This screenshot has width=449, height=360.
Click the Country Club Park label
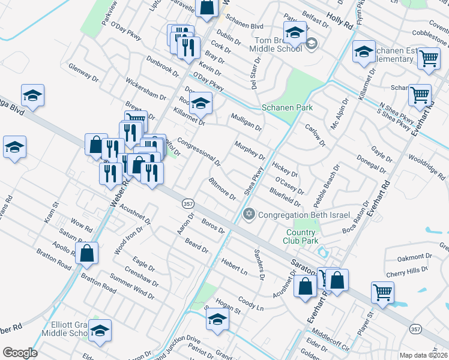(x=302, y=236)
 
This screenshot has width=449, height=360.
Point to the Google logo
(x=20, y=353)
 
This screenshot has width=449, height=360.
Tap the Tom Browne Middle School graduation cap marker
(x=295, y=34)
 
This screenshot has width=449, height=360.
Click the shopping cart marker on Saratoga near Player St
(x=382, y=292)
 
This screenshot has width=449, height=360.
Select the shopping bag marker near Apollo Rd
(x=88, y=253)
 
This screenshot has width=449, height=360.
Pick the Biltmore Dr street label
(x=221, y=188)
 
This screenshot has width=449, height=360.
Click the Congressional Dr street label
(x=200, y=151)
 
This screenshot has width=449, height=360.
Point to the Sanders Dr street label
(x=259, y=265)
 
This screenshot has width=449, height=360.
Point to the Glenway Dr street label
(x=83, y=72)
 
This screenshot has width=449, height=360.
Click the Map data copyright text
(x=424, y=355)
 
